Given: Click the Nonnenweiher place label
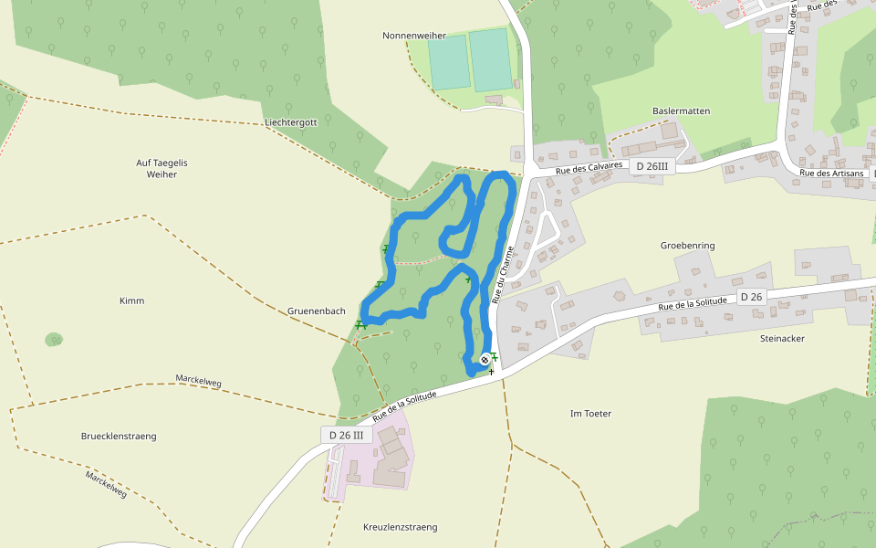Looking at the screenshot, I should pos(414,36).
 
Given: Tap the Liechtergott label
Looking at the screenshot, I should pos(290,122).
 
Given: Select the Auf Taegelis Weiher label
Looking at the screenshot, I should pos(162,168).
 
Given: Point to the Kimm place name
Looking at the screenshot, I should pos(131,300).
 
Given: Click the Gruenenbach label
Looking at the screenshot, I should pos(317,311).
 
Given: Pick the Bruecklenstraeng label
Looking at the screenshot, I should pos(119,437).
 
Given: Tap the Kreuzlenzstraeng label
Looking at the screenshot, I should pos(400,527).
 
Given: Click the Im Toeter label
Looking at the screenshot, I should pos(590,414).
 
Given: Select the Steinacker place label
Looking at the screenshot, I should pos(782,338).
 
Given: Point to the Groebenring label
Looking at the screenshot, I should pos(687,246).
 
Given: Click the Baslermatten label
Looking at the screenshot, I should pos(681,111).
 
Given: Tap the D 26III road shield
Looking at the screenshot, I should pos(652,166).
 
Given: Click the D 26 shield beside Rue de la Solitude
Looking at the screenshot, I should pos(751,296).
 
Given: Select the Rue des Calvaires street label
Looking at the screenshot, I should pos(589,168).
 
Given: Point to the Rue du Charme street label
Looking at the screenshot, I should pos(503,274).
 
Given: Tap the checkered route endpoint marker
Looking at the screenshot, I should pos(485,360).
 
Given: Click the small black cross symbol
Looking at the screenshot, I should pos(491,372).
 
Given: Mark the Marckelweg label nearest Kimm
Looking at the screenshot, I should pos(199,380).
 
